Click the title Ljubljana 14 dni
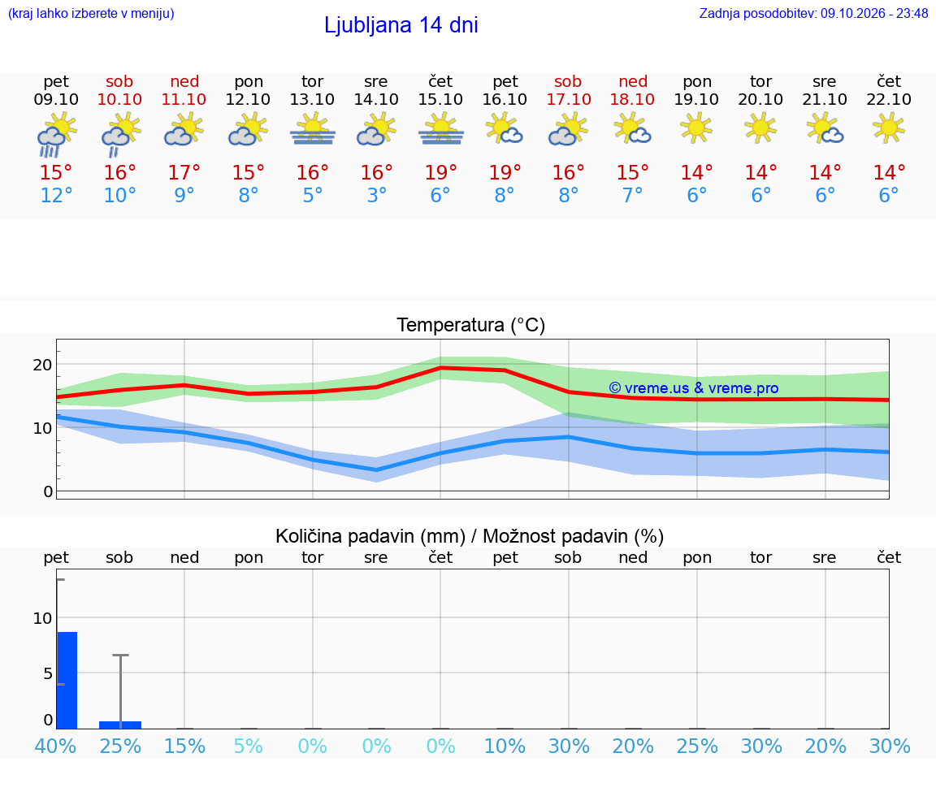401,25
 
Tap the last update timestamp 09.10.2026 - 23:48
874,13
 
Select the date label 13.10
312,99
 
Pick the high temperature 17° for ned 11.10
184,172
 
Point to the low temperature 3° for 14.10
377,195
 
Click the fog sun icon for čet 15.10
440,129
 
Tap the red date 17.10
569,99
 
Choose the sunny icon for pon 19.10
696,128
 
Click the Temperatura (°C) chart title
471,325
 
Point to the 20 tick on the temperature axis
42,365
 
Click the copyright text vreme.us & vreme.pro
694,388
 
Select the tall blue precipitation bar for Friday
67,681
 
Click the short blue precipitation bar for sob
120,725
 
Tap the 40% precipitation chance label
55,746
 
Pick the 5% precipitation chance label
249,746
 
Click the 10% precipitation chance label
505,746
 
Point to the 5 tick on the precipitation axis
48,674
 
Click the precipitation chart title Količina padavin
370,536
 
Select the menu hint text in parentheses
91,13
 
